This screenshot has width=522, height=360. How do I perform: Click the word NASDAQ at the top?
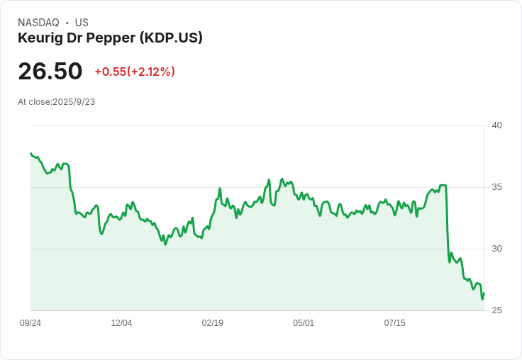tap(38, 23)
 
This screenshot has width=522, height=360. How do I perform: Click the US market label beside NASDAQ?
tap(82, 23)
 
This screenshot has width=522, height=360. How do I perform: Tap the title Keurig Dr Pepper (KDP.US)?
tap(110, 38)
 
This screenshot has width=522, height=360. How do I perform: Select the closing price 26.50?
tap(50, 72)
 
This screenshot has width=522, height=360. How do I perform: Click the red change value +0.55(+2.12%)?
tap(135, 72)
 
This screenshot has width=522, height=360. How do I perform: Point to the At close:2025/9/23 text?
tap(56, 102)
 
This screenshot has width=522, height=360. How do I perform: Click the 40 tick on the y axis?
tap(497, 125)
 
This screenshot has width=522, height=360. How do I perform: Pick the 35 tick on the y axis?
tap(497, 187)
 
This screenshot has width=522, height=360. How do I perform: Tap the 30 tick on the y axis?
tap(497, 249)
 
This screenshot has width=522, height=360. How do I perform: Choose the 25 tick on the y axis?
tap(497, 310)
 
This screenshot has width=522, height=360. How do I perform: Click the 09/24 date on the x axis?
tap(30, 323)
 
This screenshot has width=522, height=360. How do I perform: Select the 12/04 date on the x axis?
tap(121, 323)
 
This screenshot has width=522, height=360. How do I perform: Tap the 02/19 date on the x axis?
tap(213, 323)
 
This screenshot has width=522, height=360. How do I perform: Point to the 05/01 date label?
tap(304, 323)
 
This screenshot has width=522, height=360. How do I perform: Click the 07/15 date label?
tap(394, 323)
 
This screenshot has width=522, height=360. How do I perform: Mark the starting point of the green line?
tap(30, 153)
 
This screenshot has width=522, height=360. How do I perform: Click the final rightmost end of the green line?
tap(484, 293)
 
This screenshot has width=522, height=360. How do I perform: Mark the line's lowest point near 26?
tap(482, 299)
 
